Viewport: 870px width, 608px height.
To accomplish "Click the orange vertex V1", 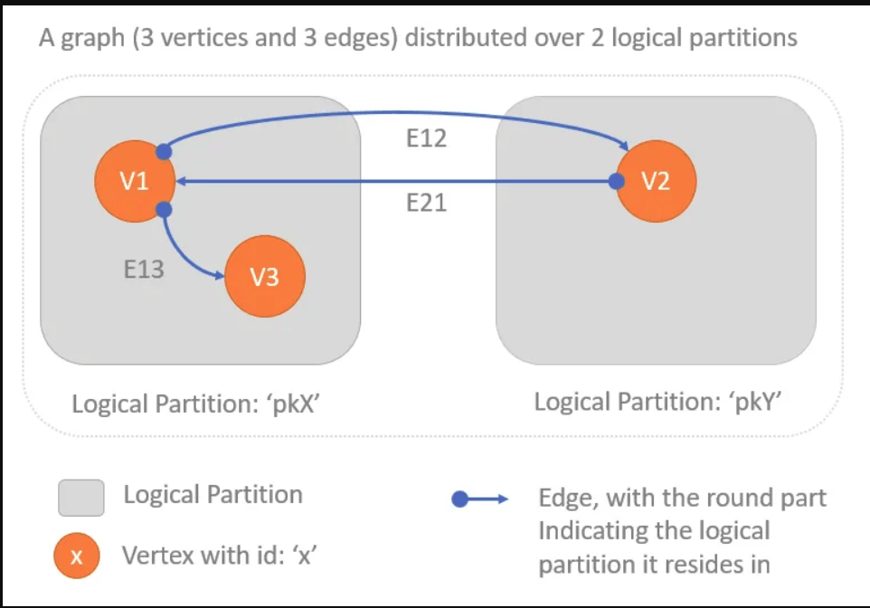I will (135, 182).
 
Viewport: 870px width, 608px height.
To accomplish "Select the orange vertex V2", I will (656, 181).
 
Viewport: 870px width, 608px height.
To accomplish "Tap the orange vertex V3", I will (264, 277).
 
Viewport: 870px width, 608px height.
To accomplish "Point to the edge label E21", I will (427, 204).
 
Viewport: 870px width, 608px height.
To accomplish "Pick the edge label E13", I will (144, 269).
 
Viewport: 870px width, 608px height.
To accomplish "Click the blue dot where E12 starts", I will (165, 150).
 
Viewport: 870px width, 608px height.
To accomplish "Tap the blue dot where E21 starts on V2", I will (616, 182).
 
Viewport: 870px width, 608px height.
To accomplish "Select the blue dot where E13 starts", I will (164, 210).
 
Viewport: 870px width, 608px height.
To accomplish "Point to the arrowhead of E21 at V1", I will (182, 182).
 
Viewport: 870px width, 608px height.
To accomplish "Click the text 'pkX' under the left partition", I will (293, 403).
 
